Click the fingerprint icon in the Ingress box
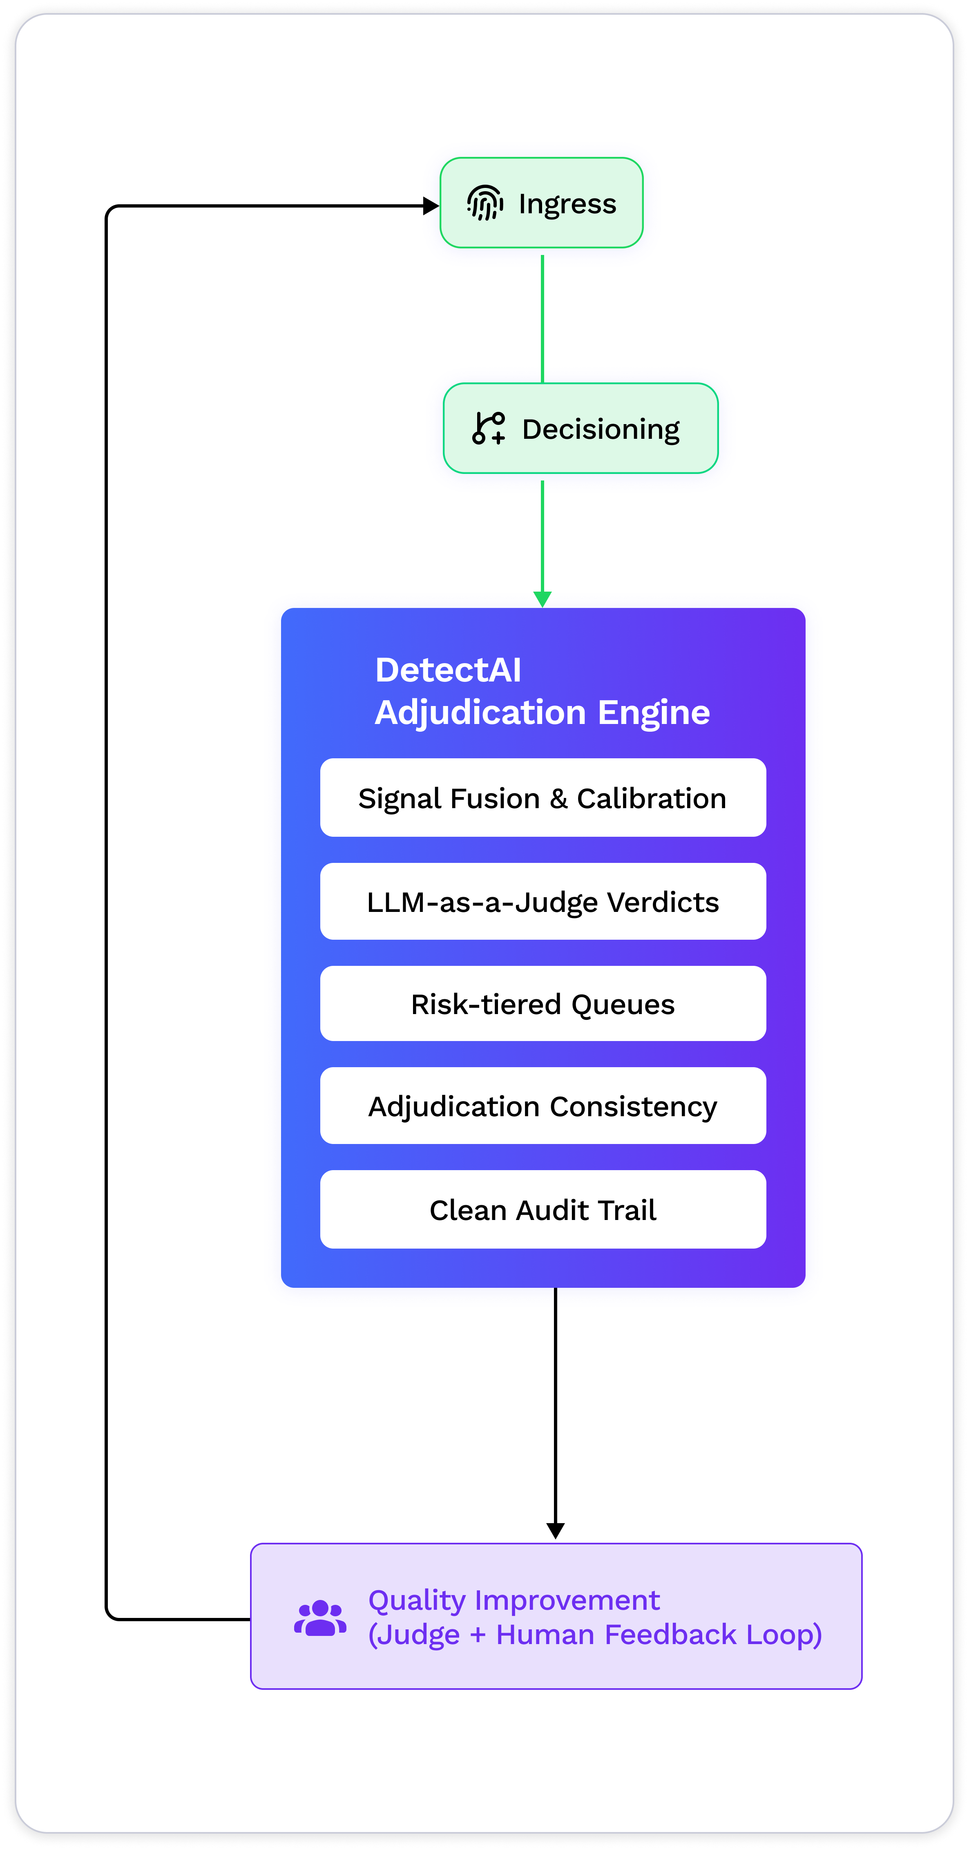485,203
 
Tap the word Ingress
567,204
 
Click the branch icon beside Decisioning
489,428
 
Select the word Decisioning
601,429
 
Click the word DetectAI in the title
448,670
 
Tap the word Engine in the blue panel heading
654,713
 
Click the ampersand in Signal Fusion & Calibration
558,799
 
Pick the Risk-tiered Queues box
543,1004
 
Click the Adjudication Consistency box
543,1106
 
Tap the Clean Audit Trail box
543,1210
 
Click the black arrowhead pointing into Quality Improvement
555,1530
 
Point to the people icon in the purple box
320,1618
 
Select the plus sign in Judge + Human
478,1635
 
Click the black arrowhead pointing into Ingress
431,206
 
